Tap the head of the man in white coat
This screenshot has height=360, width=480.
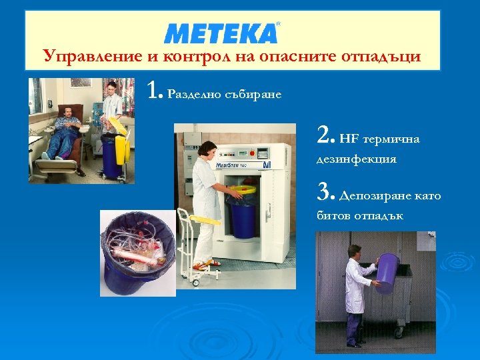(x=354, y=251)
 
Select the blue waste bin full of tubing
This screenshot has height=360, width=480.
(x=136, y=250)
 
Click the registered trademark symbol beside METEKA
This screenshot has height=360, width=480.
(x=278, y=23)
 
